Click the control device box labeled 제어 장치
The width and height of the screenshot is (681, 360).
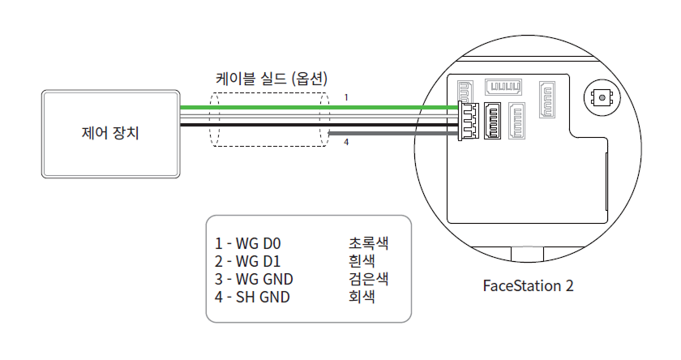(x=111, y=133)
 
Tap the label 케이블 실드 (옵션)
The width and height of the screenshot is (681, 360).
(x=271, y=79)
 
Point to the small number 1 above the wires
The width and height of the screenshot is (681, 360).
(x=346, y=97)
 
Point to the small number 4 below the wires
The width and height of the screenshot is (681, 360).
(x=346, y=143)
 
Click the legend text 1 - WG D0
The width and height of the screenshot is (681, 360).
(x=247, y=243)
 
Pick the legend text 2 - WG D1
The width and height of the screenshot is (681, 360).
(x=247, y=261)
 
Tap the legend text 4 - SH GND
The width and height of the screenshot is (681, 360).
(x=252, y=297)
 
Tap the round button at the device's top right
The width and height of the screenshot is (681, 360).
(x=601, y=97)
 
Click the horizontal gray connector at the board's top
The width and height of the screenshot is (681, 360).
(x=503, y=87)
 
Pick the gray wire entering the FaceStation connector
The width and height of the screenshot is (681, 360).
(x=389, y=132)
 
